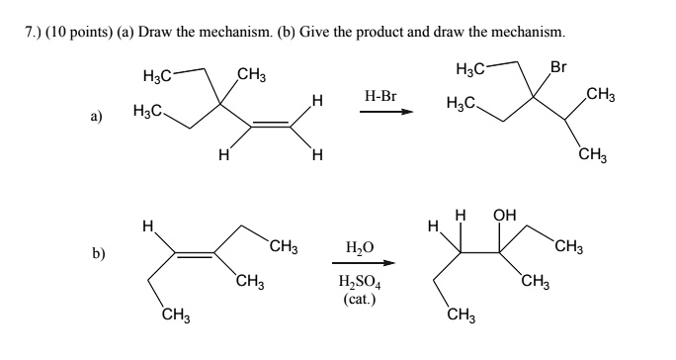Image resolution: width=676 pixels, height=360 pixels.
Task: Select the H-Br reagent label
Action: pos(380,97)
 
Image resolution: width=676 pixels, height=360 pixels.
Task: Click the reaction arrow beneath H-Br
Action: pos(384,112)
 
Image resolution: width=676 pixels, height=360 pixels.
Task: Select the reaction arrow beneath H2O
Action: pos(363,263)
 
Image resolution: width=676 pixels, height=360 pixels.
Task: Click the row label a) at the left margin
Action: pos(97,116)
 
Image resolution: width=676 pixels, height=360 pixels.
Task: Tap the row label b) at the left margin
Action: pos(98,253)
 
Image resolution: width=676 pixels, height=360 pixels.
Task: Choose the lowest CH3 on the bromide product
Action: pos(593,153)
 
